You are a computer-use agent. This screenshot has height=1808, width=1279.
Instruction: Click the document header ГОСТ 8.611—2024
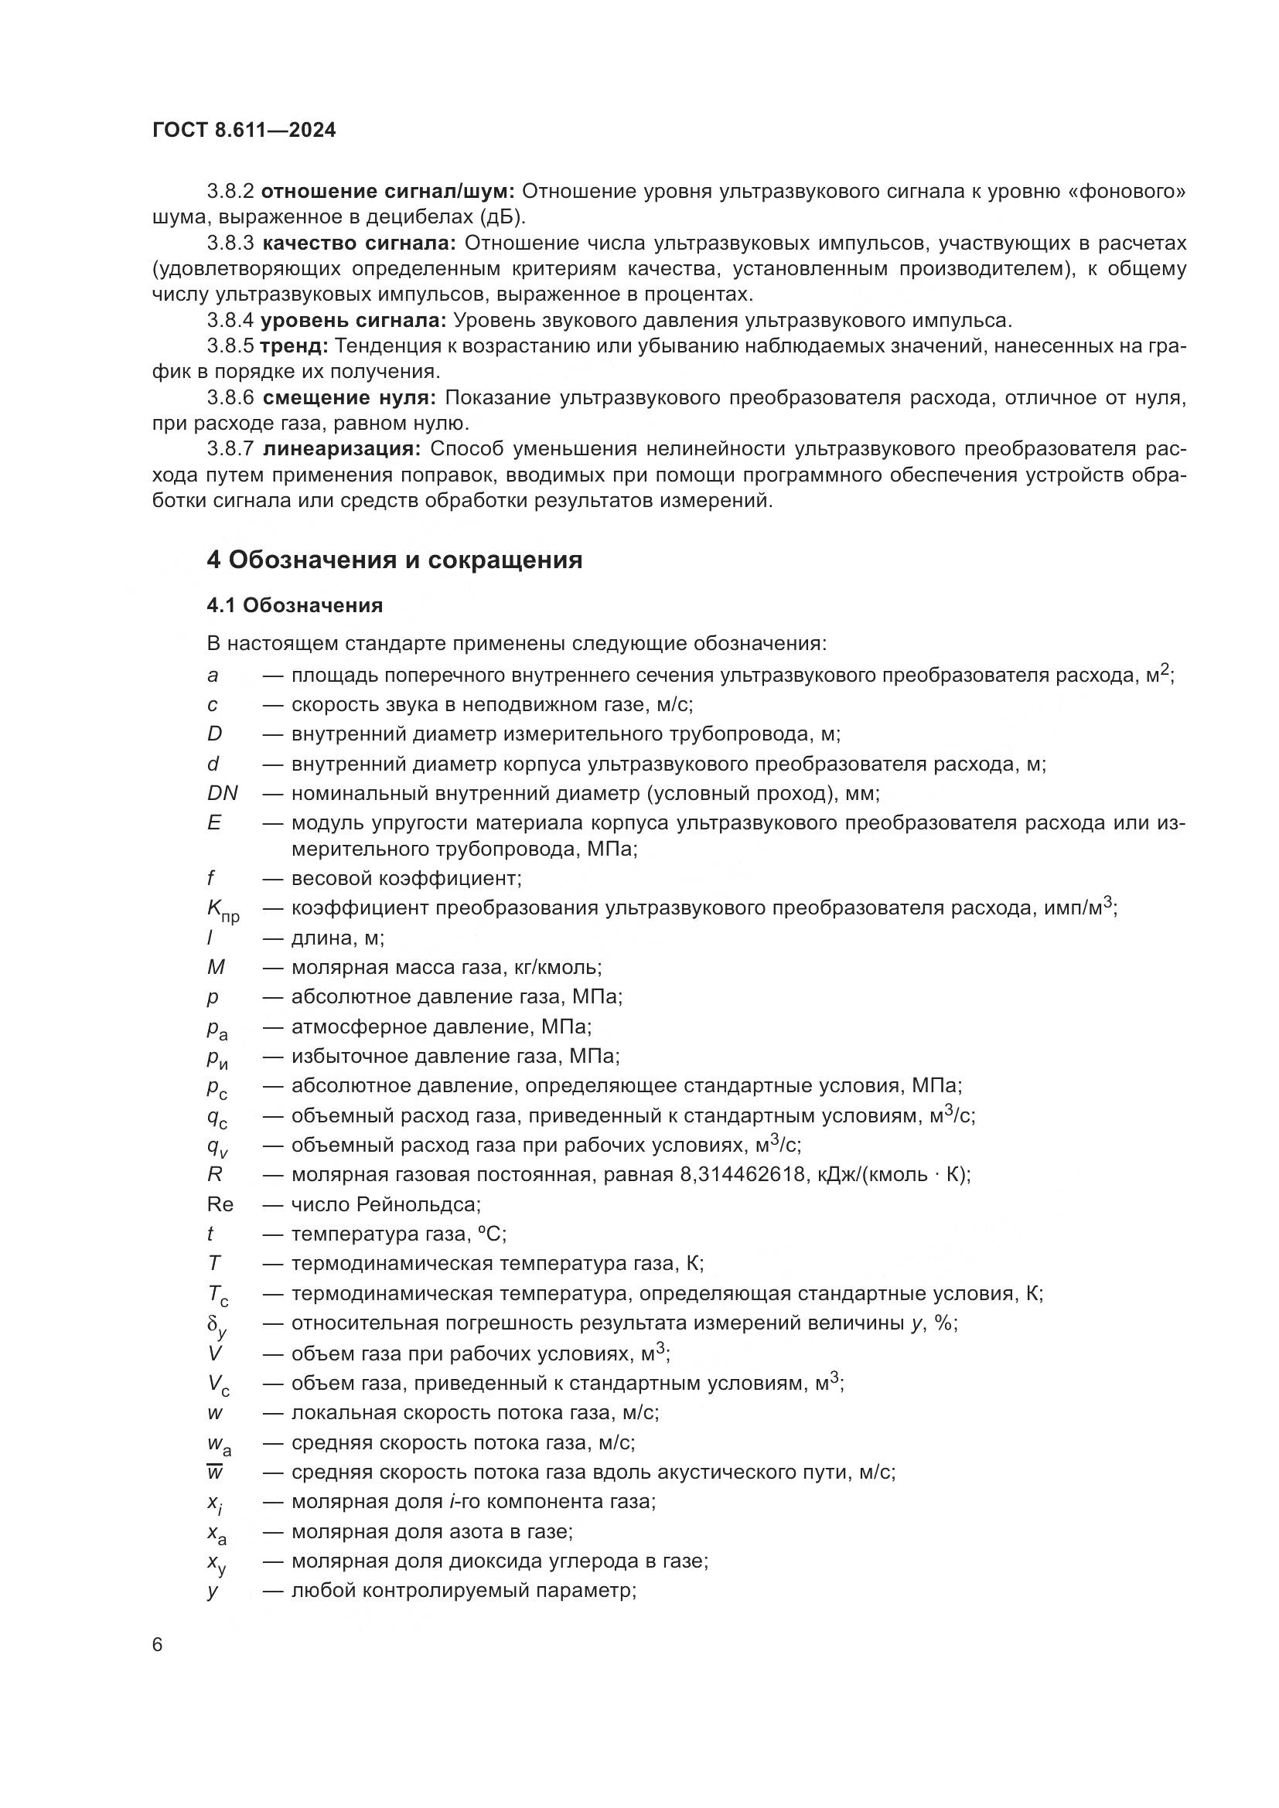click(x=244, y=131)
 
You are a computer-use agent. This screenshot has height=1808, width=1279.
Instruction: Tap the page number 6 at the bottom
click(x=158, y=1645)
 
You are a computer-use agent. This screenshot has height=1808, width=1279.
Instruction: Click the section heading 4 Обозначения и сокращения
click(x=394, y=560)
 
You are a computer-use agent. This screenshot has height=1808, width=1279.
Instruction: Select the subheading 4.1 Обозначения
click(x=295, y=605)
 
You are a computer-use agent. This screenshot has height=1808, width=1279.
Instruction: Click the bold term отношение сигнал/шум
click(x=387, y=192)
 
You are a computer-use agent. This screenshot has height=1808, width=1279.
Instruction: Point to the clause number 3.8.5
click(x=230, y=346)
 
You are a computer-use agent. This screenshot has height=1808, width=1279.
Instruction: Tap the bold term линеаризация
click(x=342, y=450)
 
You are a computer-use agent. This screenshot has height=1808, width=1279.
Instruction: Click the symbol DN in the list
click(x=222, y=793)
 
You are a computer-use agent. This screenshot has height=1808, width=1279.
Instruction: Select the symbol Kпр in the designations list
click(x=223, y=911)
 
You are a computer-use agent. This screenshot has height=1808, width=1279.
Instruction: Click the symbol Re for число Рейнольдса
click(x=220, y=1205)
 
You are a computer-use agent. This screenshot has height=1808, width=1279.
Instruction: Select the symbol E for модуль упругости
click(x=214, y=823)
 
